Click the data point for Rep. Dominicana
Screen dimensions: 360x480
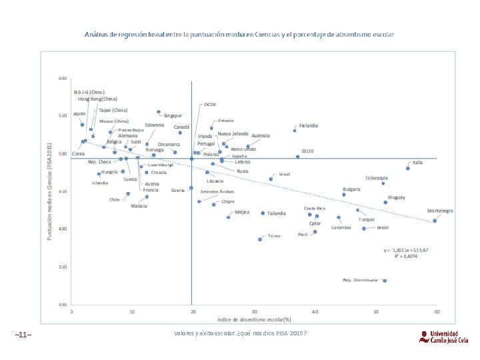[x=385, y=281]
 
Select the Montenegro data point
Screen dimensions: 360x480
[x=435, y=221]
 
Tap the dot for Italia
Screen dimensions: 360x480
[x=408, y=168]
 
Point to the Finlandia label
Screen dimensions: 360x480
[x=309, y=125]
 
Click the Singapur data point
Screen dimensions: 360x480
[x=159, y=112]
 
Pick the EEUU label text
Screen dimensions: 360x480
[x=307, y=151]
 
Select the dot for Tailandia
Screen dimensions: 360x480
[x=263, y=213]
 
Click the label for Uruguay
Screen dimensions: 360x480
[x=397, y=197]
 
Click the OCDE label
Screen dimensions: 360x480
[x=210, y=105]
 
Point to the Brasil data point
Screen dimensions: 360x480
[x=364, y=228]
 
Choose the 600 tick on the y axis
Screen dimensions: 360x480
[x=63, y=79]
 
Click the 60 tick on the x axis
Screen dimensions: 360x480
[x=437, y=311]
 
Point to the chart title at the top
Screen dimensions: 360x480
[x=239, y=33]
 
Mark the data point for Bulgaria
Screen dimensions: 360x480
[x=344, y=195]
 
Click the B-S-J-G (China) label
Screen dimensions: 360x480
[x=89, y=91]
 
